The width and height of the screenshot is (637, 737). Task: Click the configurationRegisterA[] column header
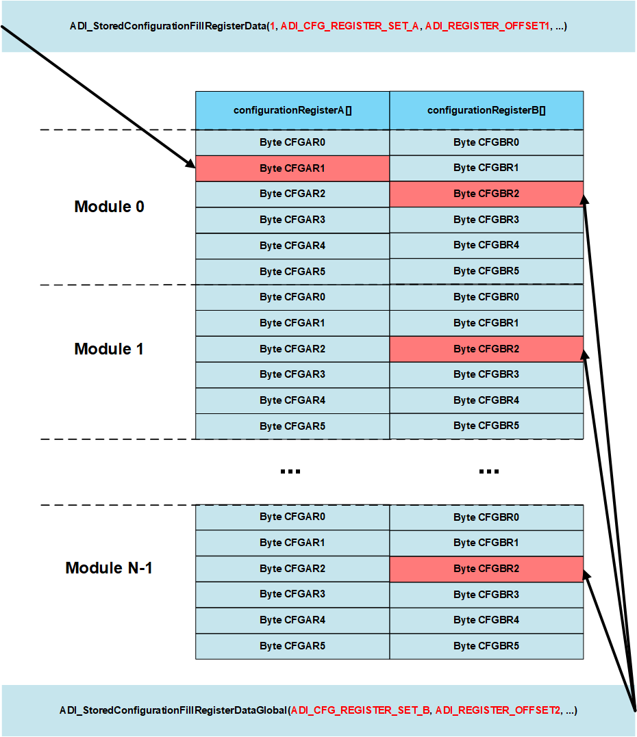tap(292, 110)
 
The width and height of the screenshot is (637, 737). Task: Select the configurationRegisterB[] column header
tap(486, 110)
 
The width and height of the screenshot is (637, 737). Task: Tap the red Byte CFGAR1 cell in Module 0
tap(292, 168)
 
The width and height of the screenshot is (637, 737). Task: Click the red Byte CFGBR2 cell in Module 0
tap(486, 194)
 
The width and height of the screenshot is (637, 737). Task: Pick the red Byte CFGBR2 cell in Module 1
tap(486, 349)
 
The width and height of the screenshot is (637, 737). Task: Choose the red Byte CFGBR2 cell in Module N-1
tap(486, 569)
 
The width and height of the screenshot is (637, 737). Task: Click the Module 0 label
tap(110, 207)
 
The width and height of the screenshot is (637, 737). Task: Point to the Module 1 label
tap(109, 349)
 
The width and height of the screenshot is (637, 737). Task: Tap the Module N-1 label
tap(109, 568)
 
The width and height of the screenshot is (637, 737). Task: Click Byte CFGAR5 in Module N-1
tap(292, 646)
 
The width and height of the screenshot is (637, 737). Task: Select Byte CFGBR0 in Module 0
tap(486, 142)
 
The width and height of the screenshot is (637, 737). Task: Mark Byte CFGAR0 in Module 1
tap(292, 297)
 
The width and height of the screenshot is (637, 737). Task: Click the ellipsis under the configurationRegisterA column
tap(290, 471)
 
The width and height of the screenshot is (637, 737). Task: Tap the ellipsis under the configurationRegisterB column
tap(488, 471)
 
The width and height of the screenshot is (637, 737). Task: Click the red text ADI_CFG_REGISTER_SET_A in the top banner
tap(349, 27)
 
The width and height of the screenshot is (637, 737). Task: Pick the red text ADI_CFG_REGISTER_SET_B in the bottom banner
tap(360, 710)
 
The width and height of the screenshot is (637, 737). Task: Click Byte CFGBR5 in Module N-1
tap(486, 646)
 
